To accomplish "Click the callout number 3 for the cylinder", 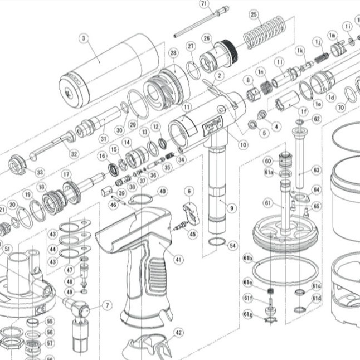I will [83, 38].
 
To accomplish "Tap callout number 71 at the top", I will [203, 3].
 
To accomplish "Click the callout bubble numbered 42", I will [178, 332].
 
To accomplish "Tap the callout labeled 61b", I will [248, 259].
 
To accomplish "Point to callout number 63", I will [317, 169].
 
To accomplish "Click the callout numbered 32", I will [74, 153].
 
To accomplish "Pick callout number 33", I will [40, 173].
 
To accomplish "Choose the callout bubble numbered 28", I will [173, 53].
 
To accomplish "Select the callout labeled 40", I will [162, 191].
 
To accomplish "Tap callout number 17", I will [67, 174].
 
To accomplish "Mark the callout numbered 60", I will [268, 161].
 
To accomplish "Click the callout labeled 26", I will [207, 38].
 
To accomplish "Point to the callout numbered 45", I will [192, 234].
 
